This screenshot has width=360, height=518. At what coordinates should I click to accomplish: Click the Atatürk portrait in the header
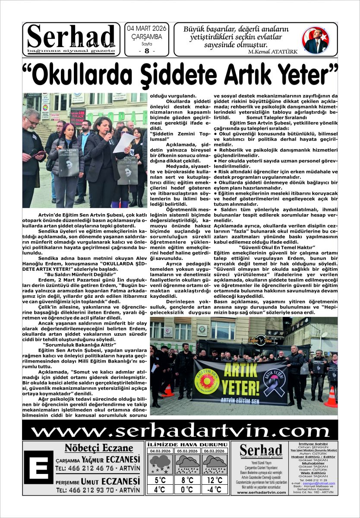click(x=315, y=40)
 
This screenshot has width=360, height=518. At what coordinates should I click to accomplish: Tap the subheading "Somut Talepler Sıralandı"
click(x=276, y=117)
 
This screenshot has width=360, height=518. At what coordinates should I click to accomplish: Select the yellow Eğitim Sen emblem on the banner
click(x=208, y=376)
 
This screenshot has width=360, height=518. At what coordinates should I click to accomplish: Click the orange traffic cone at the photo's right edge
click(x=331, y=397)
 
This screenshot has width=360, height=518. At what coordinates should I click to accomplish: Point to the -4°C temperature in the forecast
click(x=214, y=490)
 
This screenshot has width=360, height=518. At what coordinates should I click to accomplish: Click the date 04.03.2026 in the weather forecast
click(x=160, y=451)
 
